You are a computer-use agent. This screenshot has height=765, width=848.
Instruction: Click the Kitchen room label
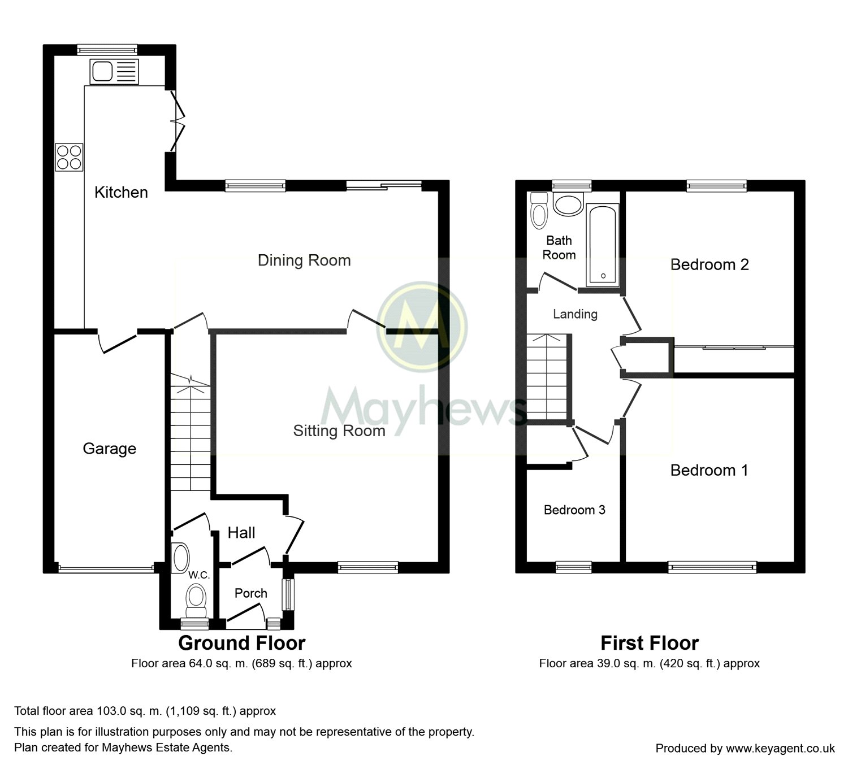click(121, 192)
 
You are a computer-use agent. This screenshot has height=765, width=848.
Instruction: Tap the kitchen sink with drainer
click(114, 71)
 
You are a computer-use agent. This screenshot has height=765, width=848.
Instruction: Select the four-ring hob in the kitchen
click(69, 157)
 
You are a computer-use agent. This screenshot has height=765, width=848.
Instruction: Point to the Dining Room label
click(304, 260)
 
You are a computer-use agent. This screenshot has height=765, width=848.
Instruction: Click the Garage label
click(110, 449)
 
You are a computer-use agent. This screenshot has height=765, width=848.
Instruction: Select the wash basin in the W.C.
click(180, 558)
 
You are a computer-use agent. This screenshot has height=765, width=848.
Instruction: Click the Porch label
click(250, 593)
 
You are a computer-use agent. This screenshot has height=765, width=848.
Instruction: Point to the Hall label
click(241, 533)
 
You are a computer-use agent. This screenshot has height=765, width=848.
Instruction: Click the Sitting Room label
click(339, 431)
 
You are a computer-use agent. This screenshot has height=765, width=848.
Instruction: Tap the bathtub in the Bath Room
click(603, 246)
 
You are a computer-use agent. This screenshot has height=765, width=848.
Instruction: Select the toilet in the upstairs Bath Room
click(539, 211)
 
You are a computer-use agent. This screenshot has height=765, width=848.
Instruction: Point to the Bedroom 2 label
click(709, 264)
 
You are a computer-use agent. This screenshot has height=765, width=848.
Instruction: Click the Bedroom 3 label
click(574, 510)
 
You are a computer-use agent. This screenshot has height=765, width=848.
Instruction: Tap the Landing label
click(576, 314)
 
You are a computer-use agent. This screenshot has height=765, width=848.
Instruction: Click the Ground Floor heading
click(242, 643)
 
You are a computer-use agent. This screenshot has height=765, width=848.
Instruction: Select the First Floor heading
click(650, 643)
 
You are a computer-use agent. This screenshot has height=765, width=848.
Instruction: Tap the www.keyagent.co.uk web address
click(780, 748)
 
